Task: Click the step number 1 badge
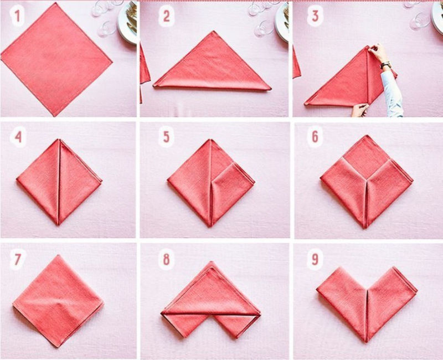click(x=17, y=16)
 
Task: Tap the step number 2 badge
click(x=166, y=16)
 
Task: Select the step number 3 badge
click(x=315, y=16)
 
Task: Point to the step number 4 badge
click(x=18, y=137)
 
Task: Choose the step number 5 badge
click(x=166, y=137)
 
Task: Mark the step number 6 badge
click(x=315, y=137)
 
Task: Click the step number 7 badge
click(x=17, y=259)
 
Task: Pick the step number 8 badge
click(x=166, y=259)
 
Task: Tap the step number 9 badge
click(x=315, y=259)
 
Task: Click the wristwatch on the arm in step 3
click(x=385, y=65)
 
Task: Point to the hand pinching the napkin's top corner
click(x=377, y=52)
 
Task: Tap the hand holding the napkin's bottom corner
click(x=359, y=110)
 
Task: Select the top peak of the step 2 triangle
click(x=214, y=32)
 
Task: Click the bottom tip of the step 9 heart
click(x=366, y=341)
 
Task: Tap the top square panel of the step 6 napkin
click(x=367, y=156)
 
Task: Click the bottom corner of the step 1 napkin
click(x=55, y=115)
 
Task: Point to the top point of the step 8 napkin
click(x=210, y=262)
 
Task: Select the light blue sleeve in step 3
click(x=392, y=94)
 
